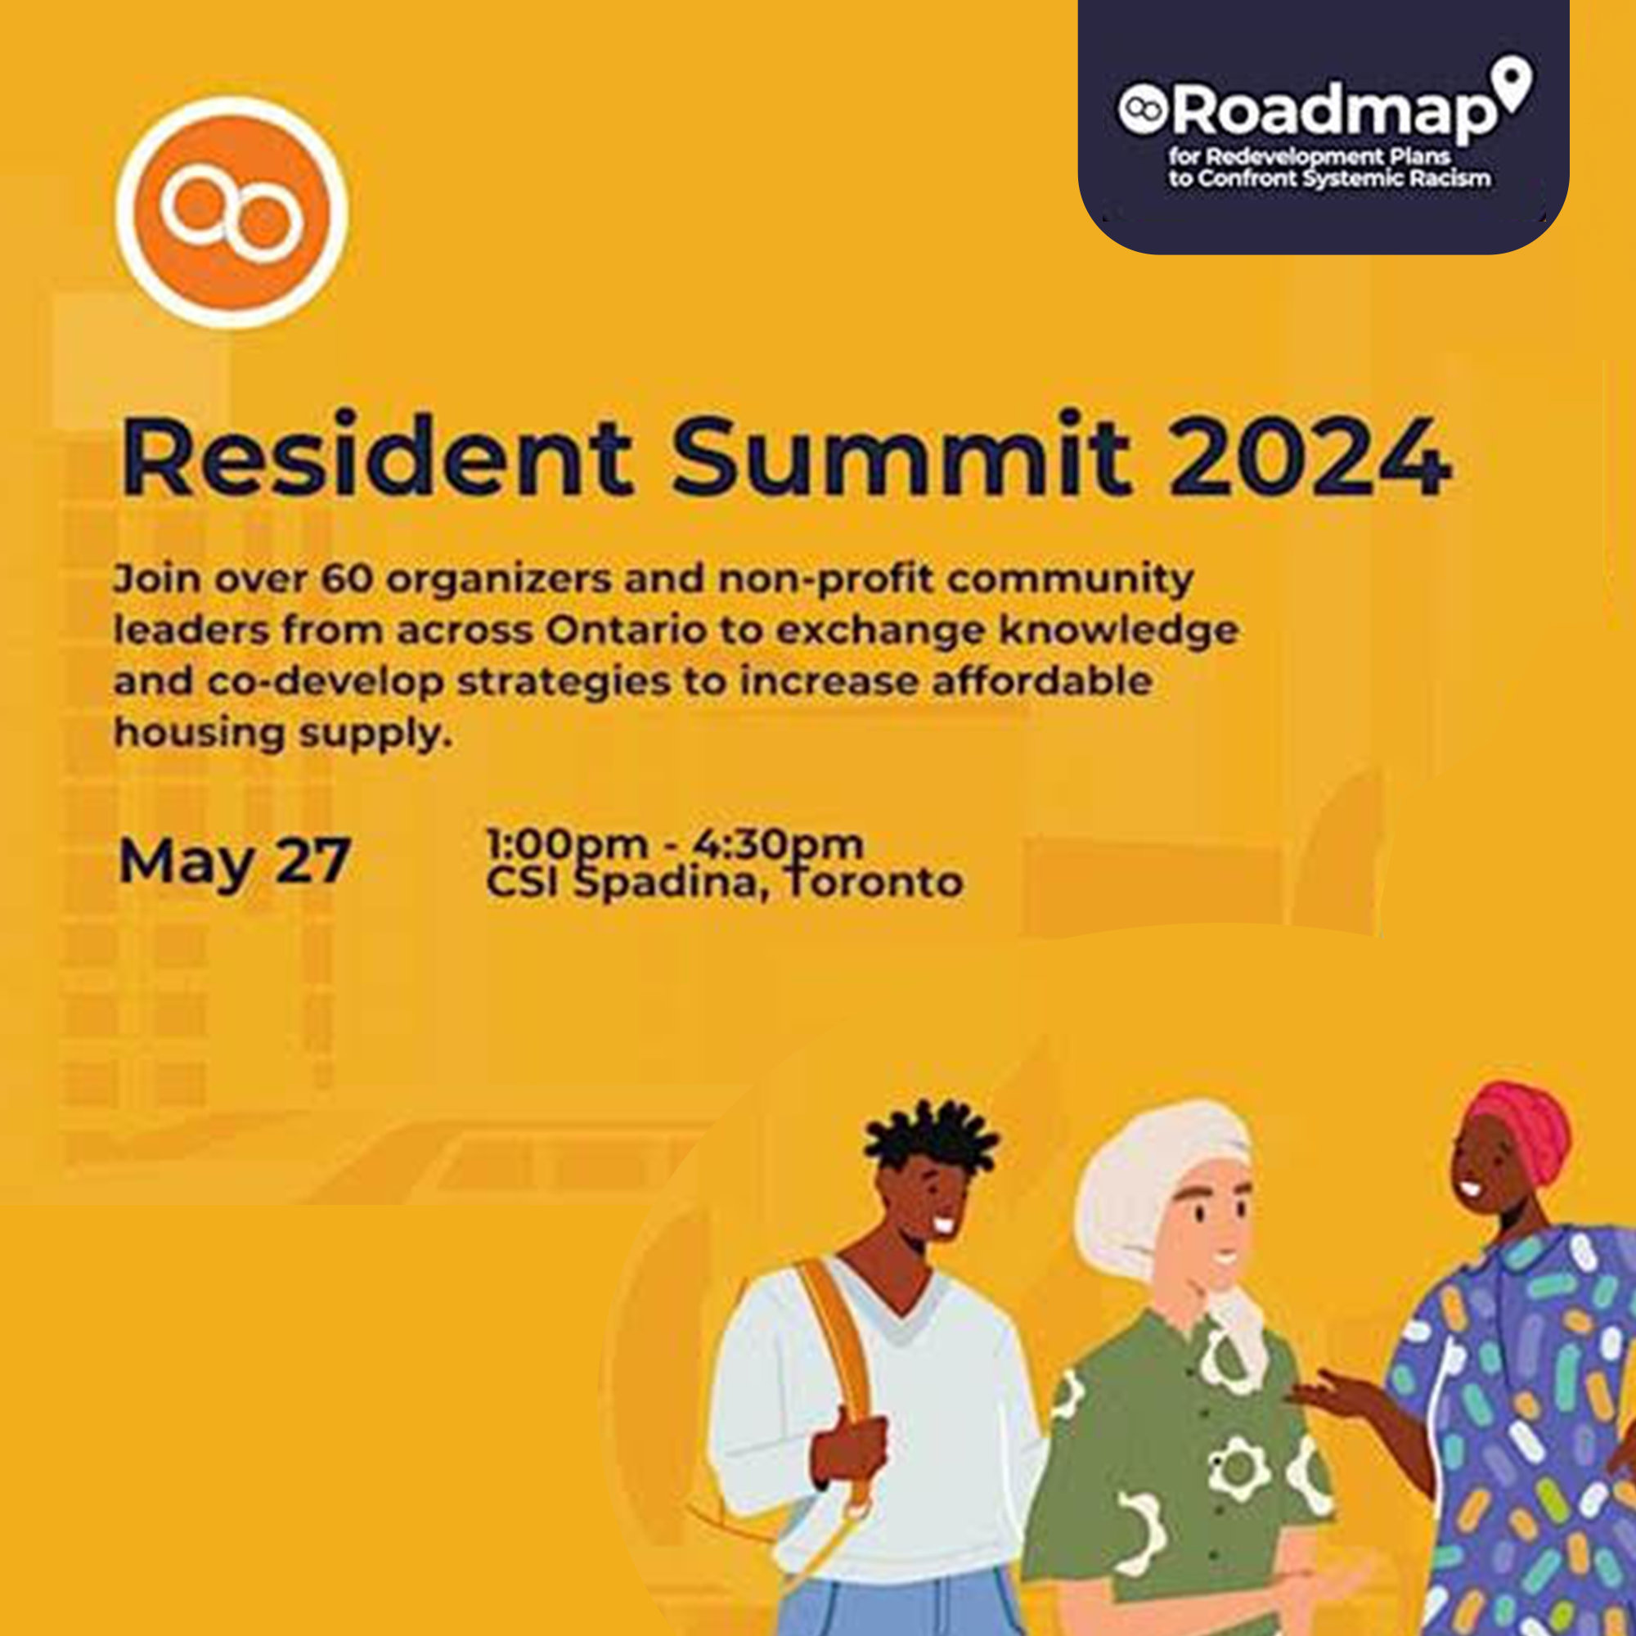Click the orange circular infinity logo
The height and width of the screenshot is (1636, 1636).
232,212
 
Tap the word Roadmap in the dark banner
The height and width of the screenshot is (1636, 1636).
1334,113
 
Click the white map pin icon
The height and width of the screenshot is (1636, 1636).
1512,83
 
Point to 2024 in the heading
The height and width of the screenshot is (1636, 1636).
1310,457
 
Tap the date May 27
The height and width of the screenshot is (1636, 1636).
235,862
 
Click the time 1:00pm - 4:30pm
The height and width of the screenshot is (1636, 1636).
675,843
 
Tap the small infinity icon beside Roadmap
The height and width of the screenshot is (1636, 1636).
1144,110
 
